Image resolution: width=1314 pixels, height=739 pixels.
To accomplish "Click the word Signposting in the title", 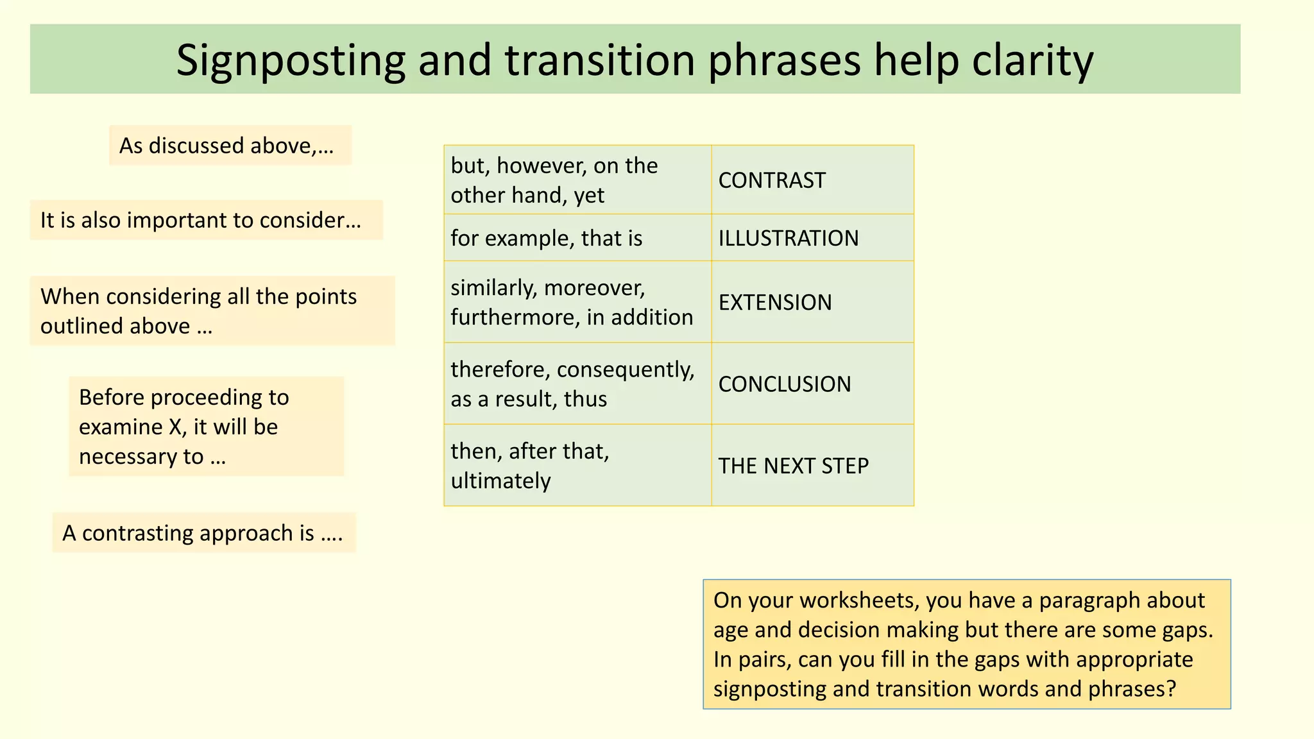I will pyautogui.click(x=290, y=61).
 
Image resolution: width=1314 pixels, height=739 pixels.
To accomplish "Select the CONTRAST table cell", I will pyautogui.click(x=812, y=180).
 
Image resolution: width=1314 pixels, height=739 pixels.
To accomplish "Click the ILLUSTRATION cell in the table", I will pyautogui.click(x=812, y=238).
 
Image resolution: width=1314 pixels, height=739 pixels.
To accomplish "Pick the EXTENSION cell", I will pyautogui.click(x=812, y=302).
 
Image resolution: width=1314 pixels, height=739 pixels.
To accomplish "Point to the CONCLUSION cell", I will pyautogui.click(x=812, y=384).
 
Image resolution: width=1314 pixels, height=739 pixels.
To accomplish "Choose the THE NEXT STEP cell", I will pyautogui.click(x=812, y=466).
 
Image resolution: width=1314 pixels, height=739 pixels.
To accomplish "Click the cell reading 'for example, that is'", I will pyautogui.click(x=577, y=238).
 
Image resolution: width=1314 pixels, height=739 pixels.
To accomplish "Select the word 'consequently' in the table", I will pyautogui.click(x=625, y=369).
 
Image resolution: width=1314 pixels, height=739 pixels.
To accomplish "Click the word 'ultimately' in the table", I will pyautogui.click(x=500, y=481).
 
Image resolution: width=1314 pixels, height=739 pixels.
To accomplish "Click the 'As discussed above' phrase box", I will pyautogui.click(x=230, y=146).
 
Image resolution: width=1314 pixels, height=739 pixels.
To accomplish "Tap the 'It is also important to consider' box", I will pyautogui.click(x=206, y=220).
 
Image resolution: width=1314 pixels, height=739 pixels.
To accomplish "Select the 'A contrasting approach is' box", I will pyautogui.click(x=203, y=533).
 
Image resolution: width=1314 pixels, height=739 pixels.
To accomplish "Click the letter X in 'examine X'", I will pyautogui.click(x=175, y=427).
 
